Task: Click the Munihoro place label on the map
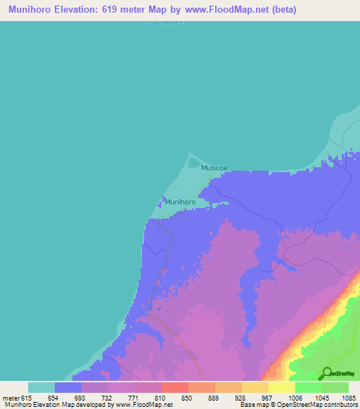click(x=179, y=202)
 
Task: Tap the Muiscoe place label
click(x=214, y=168)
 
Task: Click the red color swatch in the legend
click(x=174, y=387)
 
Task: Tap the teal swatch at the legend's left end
click(x=41, y=387)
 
